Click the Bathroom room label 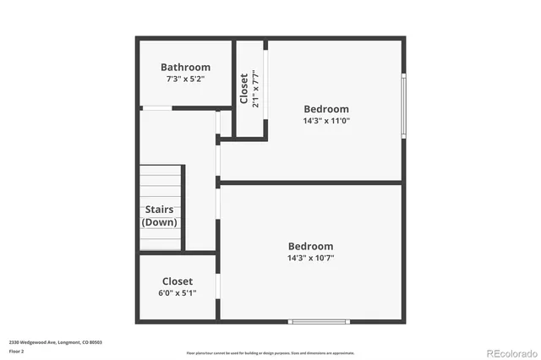(185, 68)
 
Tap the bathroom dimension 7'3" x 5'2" (185, 79)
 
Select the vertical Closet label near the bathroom (244, 88)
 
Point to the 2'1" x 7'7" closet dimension (255, 88)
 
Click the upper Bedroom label (326, 109)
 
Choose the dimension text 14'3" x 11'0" (326, 121)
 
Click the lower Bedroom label (310, 246)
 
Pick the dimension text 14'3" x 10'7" (310, 258)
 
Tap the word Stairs (160, 210)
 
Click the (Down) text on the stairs (160, 222)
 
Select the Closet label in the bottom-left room (178, 281)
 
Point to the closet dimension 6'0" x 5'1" (178, 293)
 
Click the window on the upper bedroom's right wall (403, 105)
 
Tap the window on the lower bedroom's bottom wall (319, 321)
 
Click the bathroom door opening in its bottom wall (156, 108)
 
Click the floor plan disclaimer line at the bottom (270, 353)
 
